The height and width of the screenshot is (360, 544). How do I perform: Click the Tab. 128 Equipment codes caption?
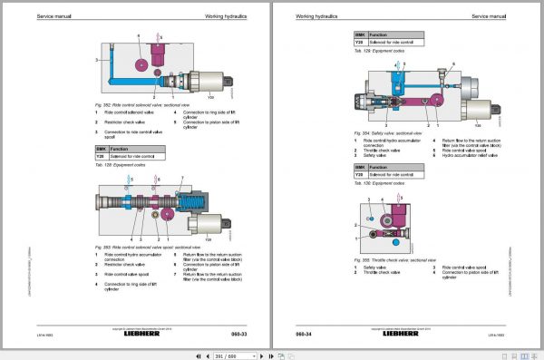(121, 165)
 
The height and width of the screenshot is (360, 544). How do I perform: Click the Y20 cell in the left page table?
(101, 157)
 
